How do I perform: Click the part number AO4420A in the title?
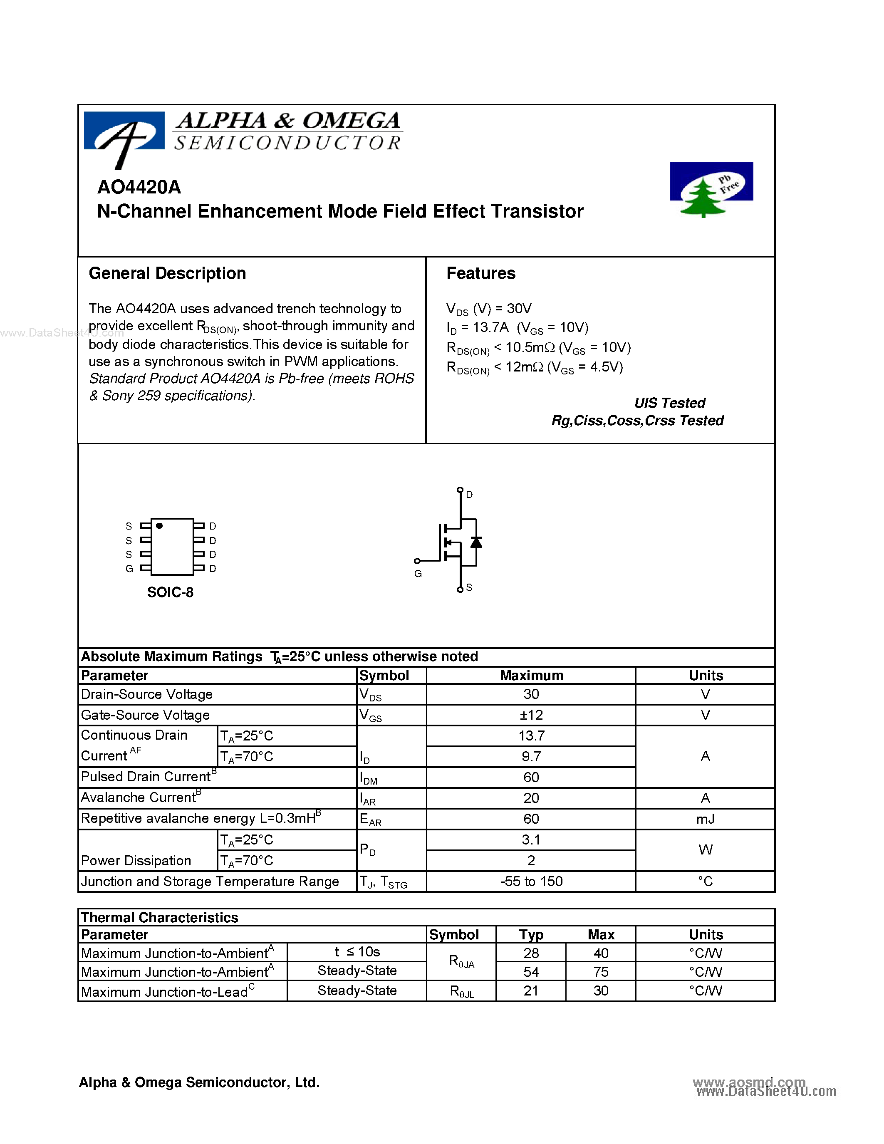(x=139, y=187)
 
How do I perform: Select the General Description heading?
(x=167, y=273)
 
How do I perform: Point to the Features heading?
(x=481, y=273)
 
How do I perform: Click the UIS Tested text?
(x=669, y=403)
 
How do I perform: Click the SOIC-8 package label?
(x=170, y=592)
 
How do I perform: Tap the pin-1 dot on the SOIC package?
(x=159, y=525)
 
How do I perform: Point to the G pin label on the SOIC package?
(x=129, y=569)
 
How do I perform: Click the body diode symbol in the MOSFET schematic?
(x=476, y=542)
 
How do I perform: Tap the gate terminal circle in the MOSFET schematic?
(x=417, y=561)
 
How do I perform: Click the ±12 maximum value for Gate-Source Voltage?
(x=531, y=715)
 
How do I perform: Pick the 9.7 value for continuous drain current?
(x=531, y=756)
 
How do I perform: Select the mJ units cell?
(x=705, y=819)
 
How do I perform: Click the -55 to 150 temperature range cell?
(x=531, y=881)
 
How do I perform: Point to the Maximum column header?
(x=531, y=676)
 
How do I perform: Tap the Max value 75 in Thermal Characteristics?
(x=601, y=972)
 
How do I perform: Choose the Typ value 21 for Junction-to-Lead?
(x=530, y=990)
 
